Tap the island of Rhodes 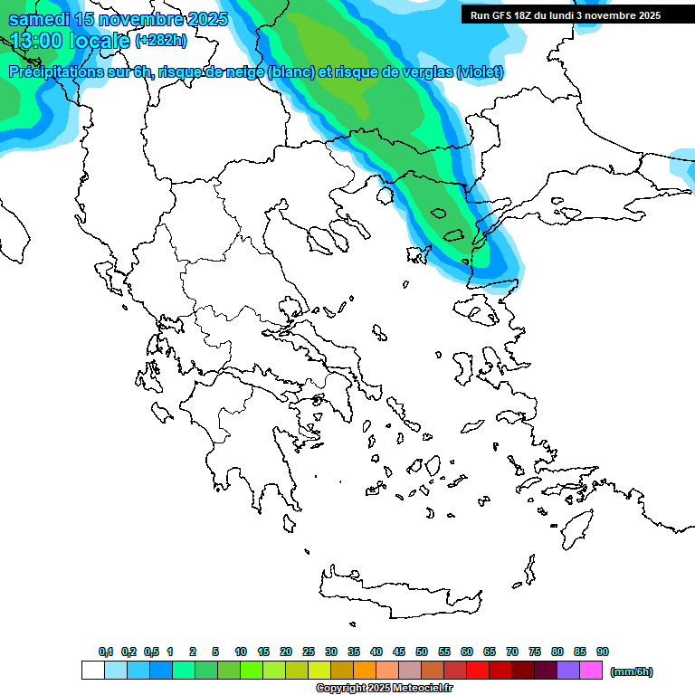[576, 525]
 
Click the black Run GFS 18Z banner [566, 15]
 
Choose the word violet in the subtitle [480, 72]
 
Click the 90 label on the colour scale [603, 652]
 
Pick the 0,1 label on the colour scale [105, 652]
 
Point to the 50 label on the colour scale [422, 652]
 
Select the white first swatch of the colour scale [92, 671]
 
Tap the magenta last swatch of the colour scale [591, 671]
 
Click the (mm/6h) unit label [632, 671]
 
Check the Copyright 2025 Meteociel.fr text [384, 688]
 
